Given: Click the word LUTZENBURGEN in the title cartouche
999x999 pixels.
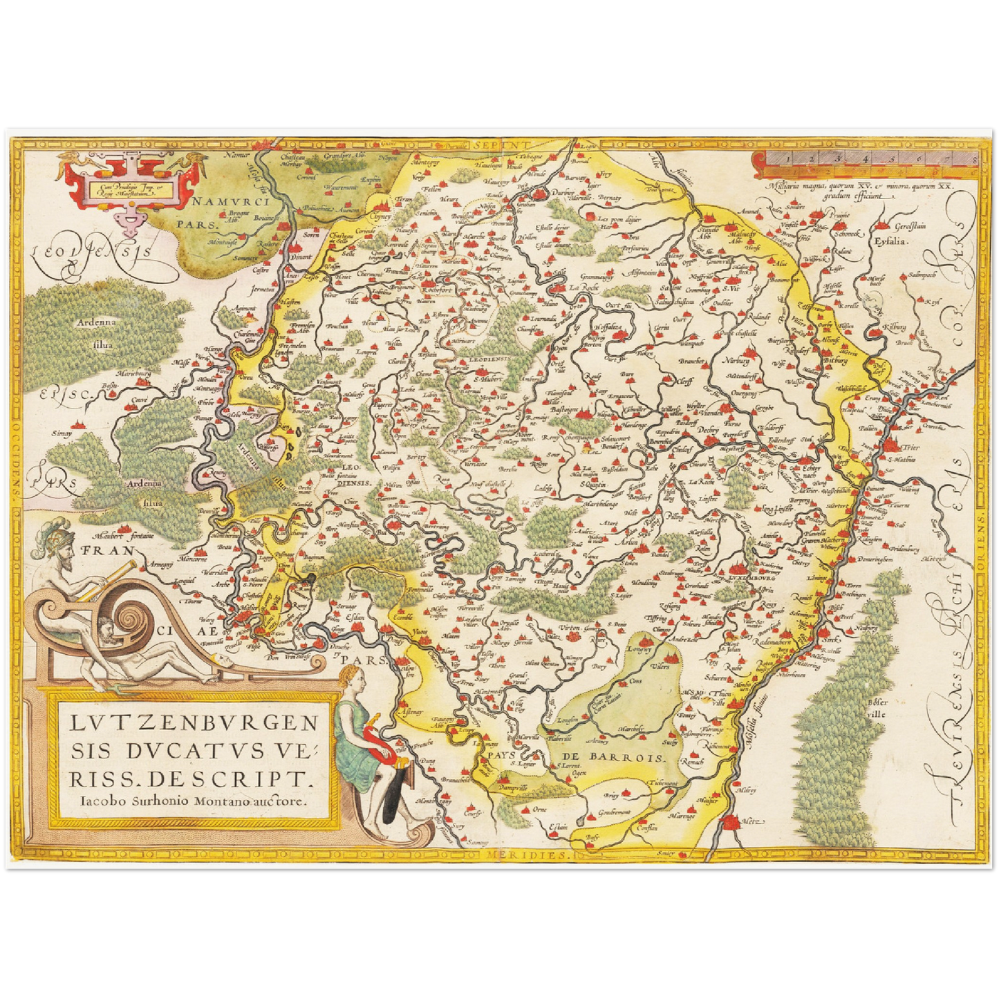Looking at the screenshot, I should click(x=194, y=725).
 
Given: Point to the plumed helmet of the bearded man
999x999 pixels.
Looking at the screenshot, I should click(x=55, y=534).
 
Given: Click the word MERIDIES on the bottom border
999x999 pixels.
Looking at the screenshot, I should click(x=533, y=855).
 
